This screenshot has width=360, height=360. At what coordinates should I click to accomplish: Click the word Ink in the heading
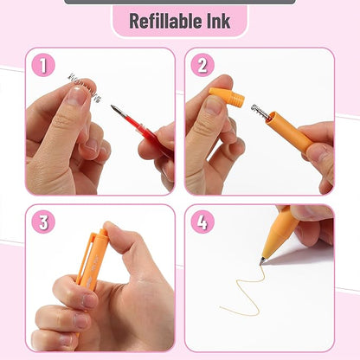218,21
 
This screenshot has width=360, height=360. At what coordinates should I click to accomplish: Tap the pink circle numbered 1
43,65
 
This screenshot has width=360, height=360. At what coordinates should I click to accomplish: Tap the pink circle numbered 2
202,65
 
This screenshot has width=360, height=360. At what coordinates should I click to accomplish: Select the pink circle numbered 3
43,222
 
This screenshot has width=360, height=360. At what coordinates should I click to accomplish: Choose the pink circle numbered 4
202,222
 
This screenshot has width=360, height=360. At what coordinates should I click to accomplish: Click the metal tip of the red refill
116,109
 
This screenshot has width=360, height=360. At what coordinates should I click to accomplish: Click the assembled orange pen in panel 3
90,260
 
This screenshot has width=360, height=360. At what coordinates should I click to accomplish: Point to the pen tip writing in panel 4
263,260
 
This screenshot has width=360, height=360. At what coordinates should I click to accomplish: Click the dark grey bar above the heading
179,2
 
